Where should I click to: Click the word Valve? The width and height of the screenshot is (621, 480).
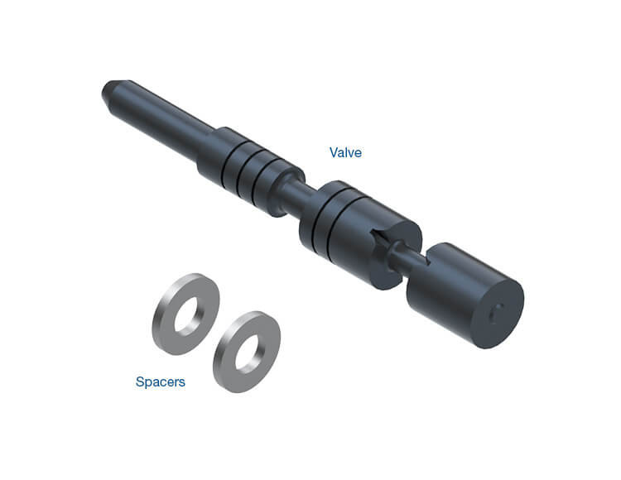coord(345,152)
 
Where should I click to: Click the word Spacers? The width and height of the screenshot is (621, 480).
coord(160,382)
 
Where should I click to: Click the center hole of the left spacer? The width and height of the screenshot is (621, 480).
coord(188,314)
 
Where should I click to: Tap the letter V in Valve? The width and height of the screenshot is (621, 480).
coord(333,152)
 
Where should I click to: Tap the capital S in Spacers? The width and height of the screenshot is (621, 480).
coord(139,382)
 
